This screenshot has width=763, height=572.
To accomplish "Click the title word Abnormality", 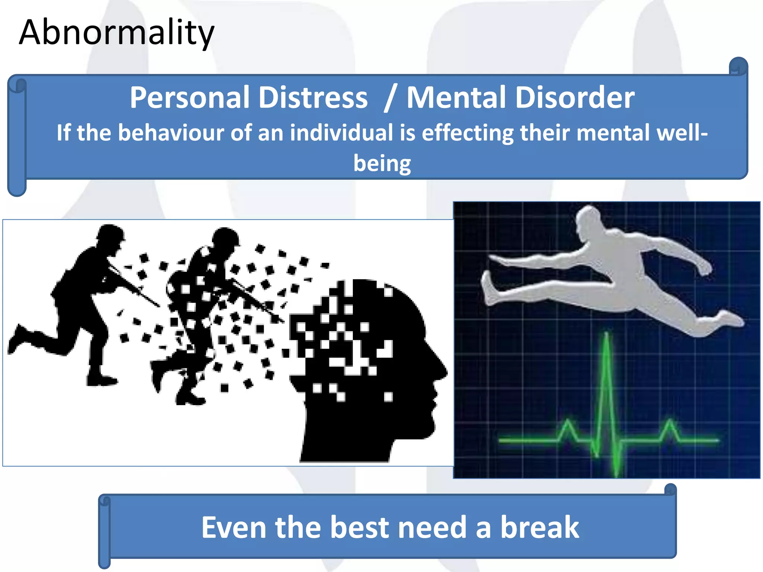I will click(116, 33).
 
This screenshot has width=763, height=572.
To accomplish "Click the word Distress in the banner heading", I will click(313, 98).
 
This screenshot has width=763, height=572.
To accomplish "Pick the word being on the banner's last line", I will click(382, 164).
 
